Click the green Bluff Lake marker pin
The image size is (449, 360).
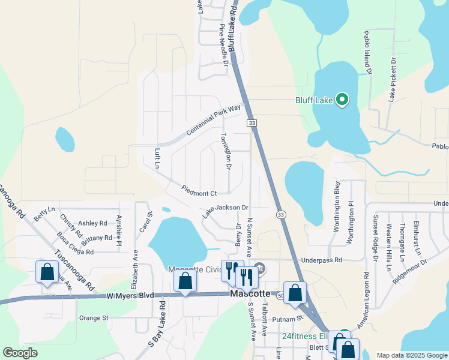(342, 99)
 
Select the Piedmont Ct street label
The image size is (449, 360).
(199, 190)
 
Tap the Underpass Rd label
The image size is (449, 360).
(321, 260)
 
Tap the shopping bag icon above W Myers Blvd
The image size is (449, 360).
(185, 281)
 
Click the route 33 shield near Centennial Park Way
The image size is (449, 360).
(252, 122)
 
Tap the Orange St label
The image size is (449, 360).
(93, 317)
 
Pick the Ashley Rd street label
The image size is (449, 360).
(92, 223)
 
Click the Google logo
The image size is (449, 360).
(20, 353)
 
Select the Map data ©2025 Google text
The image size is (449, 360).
(411, 355)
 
